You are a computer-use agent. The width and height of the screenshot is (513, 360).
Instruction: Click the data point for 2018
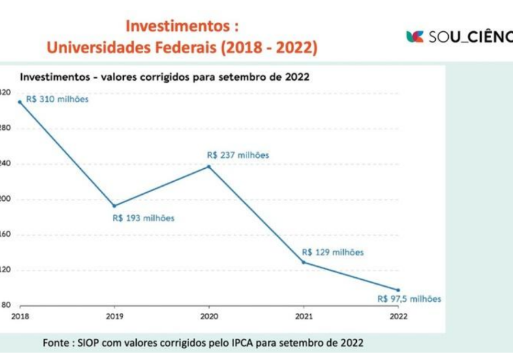point(20,102)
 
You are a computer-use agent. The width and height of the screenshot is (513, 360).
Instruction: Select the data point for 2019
point(114,206)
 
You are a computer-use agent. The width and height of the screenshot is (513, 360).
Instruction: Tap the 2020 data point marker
point(209,166)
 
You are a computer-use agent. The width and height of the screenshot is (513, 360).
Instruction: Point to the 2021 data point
point(304,262)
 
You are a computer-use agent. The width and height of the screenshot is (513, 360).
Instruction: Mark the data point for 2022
point(398,290)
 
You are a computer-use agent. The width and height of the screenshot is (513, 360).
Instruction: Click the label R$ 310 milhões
point(57,99)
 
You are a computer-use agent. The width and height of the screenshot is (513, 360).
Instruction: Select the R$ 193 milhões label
point(143,218)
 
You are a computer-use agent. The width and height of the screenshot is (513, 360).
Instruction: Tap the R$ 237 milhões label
point(238,155)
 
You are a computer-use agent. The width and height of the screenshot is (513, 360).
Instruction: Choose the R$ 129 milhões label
point(333,252)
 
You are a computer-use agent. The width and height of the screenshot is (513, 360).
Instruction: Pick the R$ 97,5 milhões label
point(409,299)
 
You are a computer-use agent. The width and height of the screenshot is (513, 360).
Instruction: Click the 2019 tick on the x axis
point(114,316)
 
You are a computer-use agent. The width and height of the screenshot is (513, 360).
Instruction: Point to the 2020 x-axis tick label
point(209,316)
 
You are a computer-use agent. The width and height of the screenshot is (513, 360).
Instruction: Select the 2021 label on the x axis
point(304,316)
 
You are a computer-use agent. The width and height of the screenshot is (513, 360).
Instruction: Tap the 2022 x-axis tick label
point(398,316)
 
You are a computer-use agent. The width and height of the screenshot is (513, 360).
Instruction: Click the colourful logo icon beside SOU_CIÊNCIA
point(415,37)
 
